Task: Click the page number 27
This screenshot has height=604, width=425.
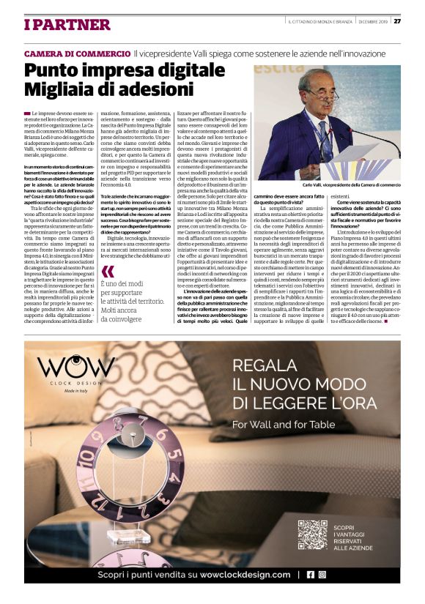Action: [x=397, y=20]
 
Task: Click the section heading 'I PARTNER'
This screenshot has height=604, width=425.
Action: [x=67, y=26]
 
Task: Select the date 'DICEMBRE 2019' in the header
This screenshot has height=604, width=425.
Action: [x=372, y=20]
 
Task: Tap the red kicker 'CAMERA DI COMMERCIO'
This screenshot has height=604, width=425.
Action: [x=77, y=54]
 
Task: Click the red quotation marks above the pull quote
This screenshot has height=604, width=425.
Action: [x=108, y=269]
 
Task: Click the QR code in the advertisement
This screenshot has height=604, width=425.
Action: [x=312, y=534]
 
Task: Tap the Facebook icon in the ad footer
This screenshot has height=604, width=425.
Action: [x=311, y=575]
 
